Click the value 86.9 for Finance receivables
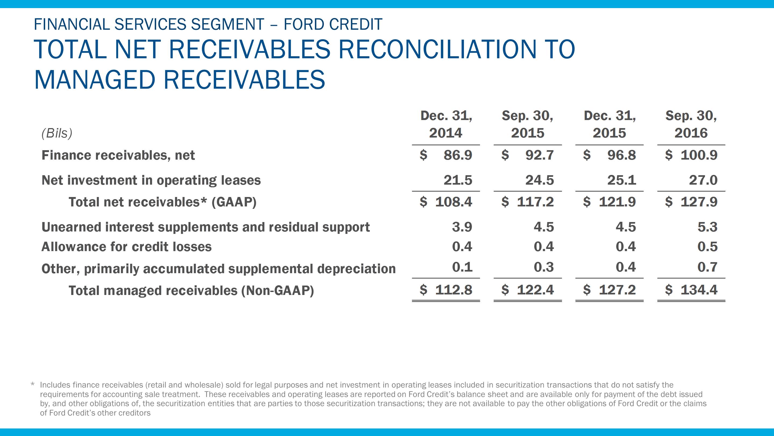458,155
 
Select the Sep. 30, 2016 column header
691,124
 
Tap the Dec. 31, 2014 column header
446,124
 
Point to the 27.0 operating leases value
703,180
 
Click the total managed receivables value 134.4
699,290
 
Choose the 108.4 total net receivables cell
453,202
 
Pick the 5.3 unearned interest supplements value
707,227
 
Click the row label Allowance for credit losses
127,247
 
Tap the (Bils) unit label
57,133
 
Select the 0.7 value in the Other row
707,267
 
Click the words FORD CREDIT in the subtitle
333,24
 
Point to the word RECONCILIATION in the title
457,49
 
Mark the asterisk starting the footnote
33,385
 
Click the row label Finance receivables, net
118,155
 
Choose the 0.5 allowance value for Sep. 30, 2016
707,247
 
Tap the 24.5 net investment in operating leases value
539,180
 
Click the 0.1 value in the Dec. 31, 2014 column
462,267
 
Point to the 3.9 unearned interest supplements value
462,227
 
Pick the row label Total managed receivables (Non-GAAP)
191,291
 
